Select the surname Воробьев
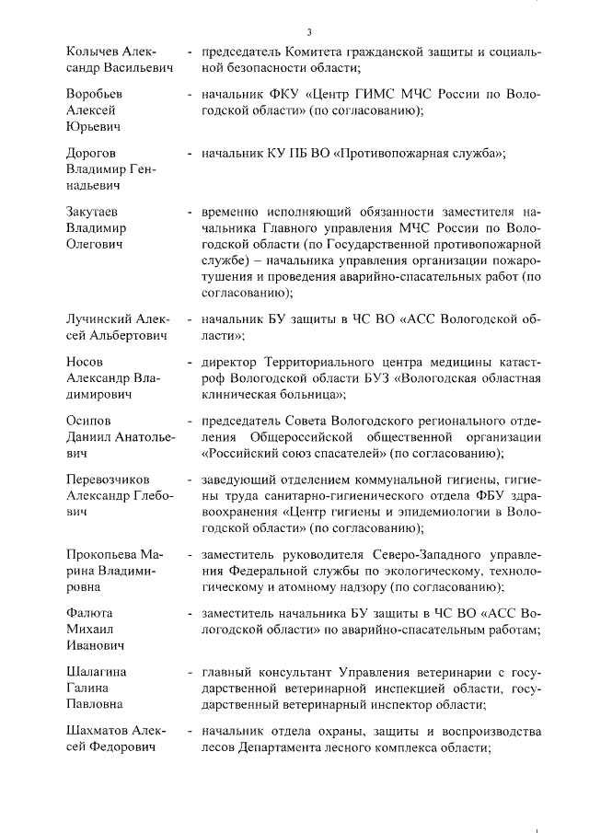[x=96, y=93]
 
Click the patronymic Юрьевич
[x=95, y=126]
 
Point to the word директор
[x=230, y=361]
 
